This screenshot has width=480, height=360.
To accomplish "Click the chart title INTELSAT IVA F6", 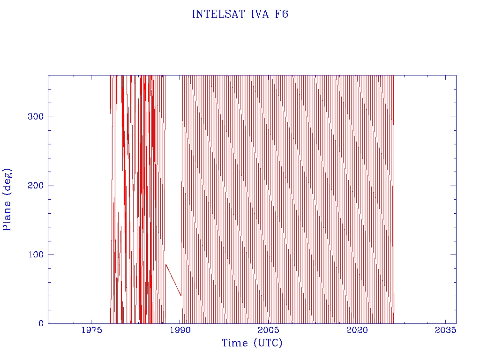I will [240, 14].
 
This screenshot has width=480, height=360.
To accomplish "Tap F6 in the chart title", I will [281, 14].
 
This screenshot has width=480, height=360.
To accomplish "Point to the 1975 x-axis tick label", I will [92, 330].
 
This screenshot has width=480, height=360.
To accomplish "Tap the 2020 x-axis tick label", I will [357, 330].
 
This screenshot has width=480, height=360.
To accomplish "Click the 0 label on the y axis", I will [41, 323].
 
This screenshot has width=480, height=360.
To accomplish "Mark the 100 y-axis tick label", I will [36, 255].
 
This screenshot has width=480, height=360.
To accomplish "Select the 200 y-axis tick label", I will [36, 186].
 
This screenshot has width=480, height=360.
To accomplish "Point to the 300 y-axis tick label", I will [36, 117].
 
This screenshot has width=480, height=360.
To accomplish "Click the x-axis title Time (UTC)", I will [252, 343].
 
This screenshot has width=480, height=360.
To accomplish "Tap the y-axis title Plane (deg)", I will [7, 199].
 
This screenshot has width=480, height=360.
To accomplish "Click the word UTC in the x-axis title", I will [267, 343].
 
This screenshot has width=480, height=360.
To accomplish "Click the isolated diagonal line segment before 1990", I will [173, 280].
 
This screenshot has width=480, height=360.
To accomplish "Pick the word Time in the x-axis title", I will [235, 343].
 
